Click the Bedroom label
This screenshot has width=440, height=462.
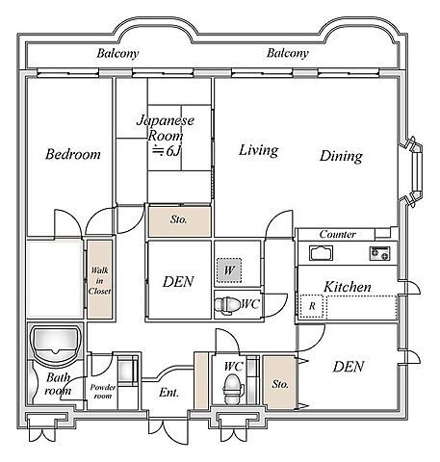click(73, 154)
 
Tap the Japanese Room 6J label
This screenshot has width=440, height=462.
click(166, 136)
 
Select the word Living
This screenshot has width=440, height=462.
click(258, 150)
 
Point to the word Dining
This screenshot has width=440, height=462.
click(341, 156)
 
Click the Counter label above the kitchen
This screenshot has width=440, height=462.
click(338, 234)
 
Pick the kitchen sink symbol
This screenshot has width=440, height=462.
click(321, 253)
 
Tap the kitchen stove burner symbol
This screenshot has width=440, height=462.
click(380, 253)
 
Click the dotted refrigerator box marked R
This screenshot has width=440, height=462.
click(312, 306)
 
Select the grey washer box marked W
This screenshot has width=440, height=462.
click(229, 270)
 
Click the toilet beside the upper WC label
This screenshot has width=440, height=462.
click(227, 303)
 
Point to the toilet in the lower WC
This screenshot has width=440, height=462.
click(232, 390)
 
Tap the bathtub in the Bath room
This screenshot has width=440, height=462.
click(55, 346)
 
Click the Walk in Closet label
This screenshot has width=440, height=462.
click(99, 281)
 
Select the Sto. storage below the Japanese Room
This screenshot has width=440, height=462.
click(179, 221)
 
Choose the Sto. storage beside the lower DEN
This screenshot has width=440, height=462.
click(279, 382)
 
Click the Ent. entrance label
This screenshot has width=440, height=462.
click(168, 393)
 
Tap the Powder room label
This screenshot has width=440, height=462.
click(103, 392)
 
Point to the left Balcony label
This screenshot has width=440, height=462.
click(117, 53)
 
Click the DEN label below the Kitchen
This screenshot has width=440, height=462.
click(349, 367)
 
